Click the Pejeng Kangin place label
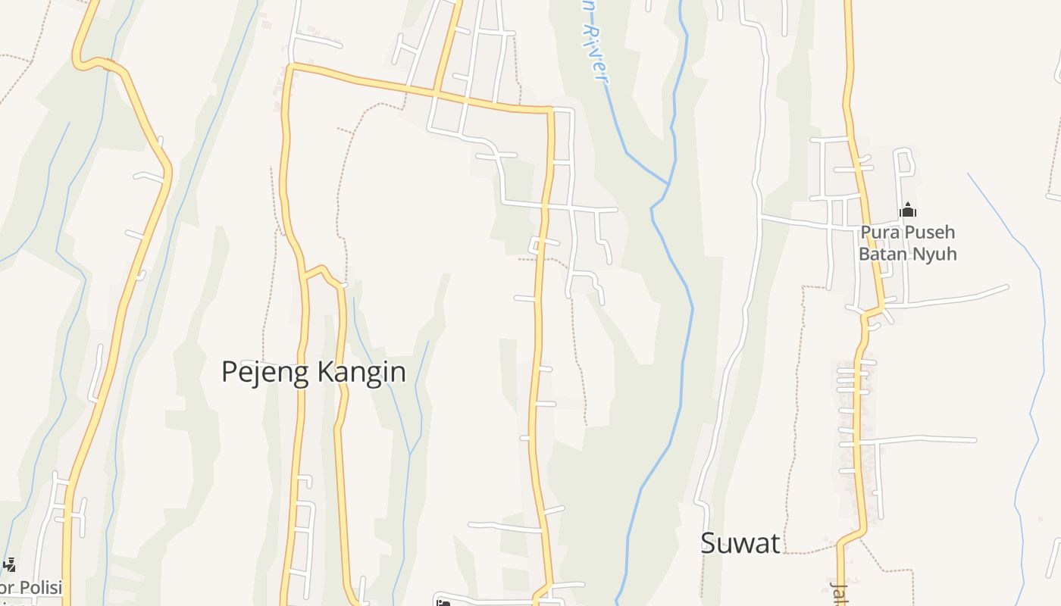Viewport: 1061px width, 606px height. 313,372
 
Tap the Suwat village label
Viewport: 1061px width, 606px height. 740,542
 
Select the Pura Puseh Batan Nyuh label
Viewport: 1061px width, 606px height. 907,242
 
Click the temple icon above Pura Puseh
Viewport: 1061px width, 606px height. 907,210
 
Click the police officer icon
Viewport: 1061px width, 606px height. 9,564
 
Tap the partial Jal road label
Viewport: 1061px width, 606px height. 838,594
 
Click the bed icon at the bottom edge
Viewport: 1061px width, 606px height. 443,603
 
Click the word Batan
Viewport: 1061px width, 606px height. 881,254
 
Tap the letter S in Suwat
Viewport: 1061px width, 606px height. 709,543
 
